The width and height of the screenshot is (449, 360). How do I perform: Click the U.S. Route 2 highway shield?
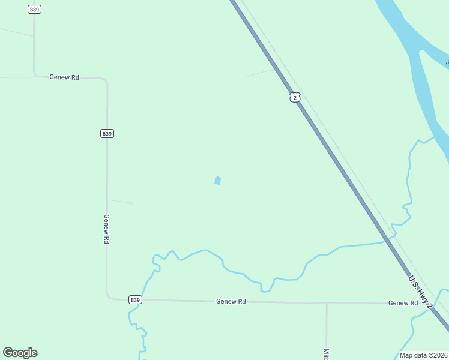coord(294,97)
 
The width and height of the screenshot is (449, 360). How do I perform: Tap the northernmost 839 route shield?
coord(35,10)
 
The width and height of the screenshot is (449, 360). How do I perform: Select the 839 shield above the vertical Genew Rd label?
coord(107,133)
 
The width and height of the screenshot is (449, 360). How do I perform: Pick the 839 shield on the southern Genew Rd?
coord(134,300)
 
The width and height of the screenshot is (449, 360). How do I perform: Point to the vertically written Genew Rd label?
coord(106,229)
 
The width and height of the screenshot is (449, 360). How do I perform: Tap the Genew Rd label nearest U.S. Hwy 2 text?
coord(403,303)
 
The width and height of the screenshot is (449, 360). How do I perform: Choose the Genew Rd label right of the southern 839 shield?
coord(231,301)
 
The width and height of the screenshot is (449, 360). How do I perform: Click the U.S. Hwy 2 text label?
coord(420,293)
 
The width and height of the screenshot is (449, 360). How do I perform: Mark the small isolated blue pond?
coord(217,180)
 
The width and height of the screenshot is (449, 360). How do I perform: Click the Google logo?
coord(20,353)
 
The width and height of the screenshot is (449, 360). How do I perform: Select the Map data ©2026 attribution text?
coord(424,355)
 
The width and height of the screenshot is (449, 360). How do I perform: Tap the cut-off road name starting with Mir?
coord(327,354)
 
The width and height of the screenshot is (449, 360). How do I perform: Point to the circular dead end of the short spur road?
coord(131,203)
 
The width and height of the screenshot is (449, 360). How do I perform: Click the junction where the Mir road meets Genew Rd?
coord(327,303)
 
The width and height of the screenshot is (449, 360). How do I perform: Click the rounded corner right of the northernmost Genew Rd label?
coord(106,80)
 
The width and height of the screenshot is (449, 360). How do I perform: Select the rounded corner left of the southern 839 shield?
coord(109,297)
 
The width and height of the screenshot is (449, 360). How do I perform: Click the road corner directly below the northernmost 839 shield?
coord(35,75)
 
